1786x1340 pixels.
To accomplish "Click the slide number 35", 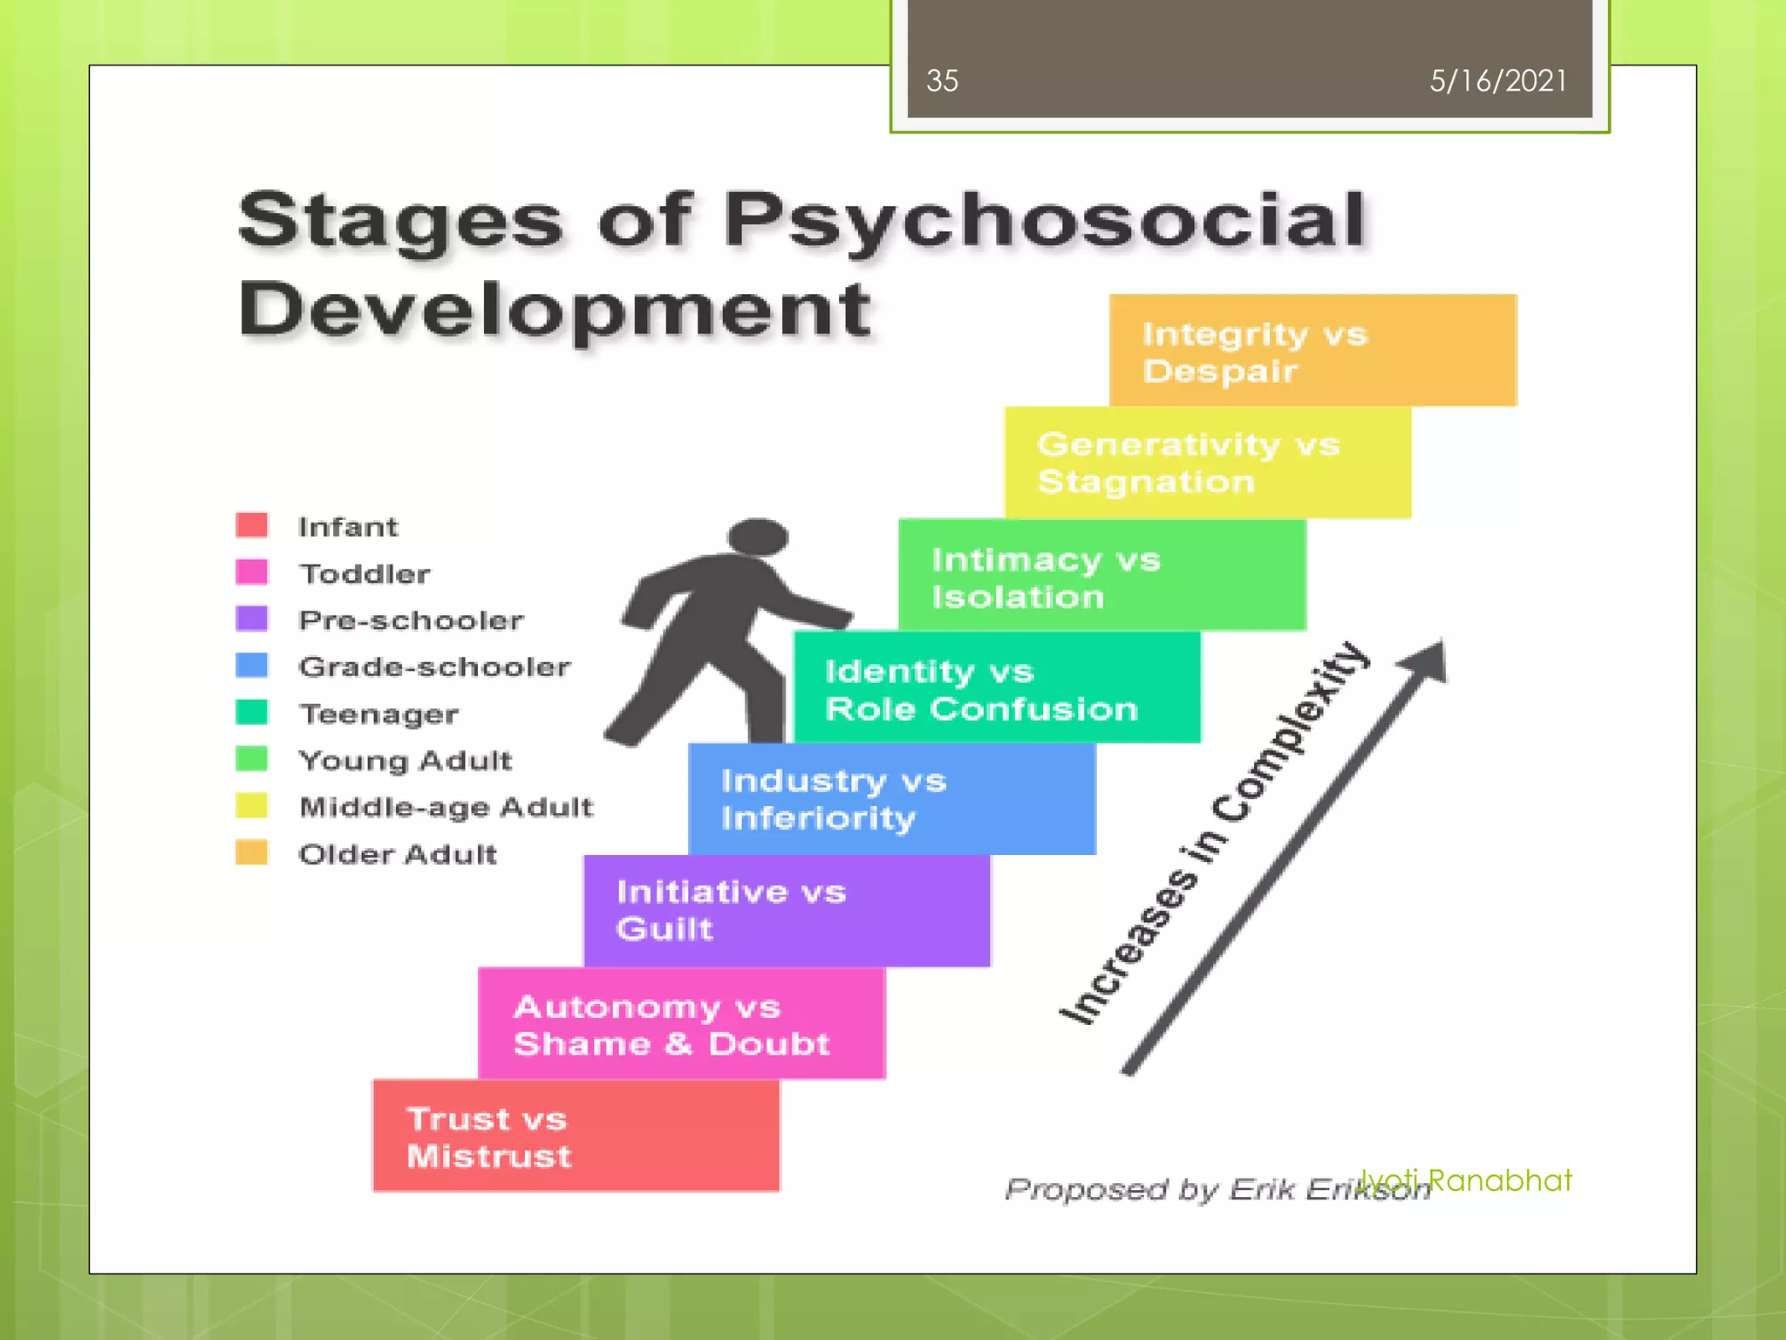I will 942,81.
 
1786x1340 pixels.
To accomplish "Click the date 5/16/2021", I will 1497,81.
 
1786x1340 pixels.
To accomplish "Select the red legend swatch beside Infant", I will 251,525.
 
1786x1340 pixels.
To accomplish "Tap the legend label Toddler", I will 365,574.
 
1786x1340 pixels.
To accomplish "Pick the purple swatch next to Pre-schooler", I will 251,619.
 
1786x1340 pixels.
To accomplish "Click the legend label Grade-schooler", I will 434,667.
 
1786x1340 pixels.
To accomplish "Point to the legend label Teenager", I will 378,714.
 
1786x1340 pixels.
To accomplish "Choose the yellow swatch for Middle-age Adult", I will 251,805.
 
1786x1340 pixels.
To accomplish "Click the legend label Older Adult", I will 398,854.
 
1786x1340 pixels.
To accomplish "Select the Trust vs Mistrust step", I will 576,1136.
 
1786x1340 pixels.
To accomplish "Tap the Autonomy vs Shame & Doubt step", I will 681,1024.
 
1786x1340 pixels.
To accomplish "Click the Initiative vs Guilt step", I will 787,911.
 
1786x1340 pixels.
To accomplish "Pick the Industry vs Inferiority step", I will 891,799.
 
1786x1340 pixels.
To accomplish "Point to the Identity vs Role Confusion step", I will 997,688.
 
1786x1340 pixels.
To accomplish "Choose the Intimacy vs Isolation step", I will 1102,576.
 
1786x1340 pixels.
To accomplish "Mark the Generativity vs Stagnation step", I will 1208,463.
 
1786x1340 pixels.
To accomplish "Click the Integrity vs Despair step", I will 1312,351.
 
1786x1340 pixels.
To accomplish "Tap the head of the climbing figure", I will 758,536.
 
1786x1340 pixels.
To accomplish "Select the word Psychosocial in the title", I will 1044,220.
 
